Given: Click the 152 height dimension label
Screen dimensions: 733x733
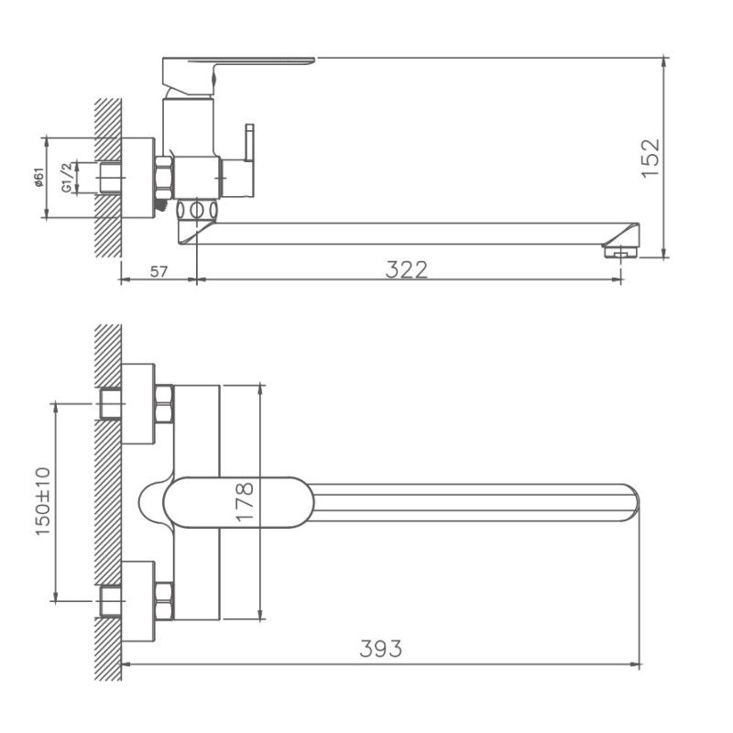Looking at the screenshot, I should click(650, 158).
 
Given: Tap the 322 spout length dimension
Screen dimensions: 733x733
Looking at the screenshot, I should click(407, 269).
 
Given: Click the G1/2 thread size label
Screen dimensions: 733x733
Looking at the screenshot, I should click(66, 177).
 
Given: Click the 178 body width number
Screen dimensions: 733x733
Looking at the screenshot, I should click(244, 502).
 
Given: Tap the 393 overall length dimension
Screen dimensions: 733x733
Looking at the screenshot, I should click(381, 649).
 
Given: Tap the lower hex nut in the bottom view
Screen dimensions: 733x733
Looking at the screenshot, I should click(165, 600).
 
